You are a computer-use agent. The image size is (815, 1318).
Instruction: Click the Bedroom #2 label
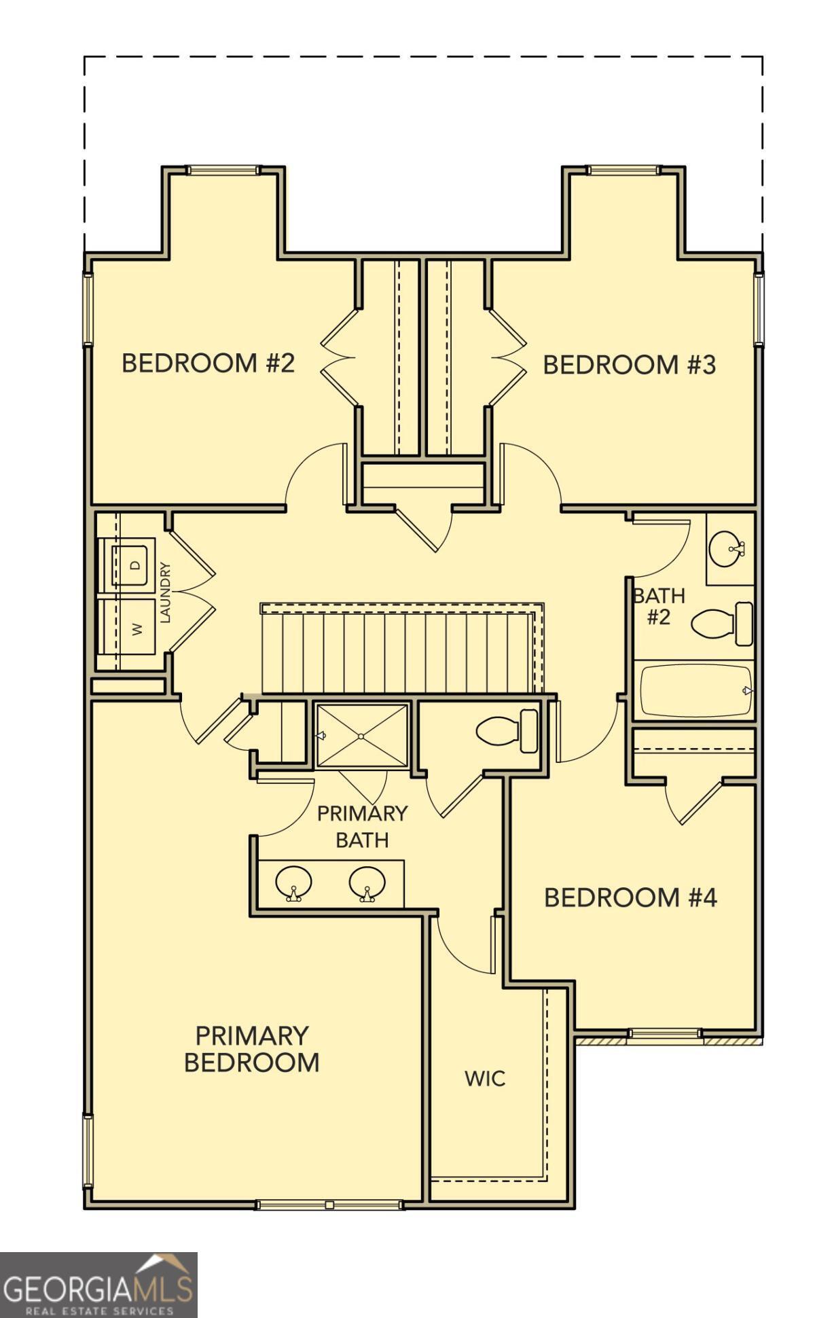208,363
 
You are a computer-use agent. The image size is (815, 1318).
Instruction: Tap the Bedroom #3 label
629,365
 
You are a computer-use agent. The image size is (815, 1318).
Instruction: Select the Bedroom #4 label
630,897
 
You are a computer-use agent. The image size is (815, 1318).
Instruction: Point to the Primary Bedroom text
251,1049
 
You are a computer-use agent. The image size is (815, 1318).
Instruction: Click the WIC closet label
485,1078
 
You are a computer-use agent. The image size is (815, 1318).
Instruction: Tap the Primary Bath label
362,826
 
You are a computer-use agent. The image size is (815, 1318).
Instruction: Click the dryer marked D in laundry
133,564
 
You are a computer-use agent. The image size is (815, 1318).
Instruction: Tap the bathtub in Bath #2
696,691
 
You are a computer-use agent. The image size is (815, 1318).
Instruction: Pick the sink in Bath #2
725,548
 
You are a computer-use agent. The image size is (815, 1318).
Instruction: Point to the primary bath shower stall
362,736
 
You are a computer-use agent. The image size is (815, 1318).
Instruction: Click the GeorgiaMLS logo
98,1285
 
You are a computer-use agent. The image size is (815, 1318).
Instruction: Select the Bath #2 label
658,606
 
